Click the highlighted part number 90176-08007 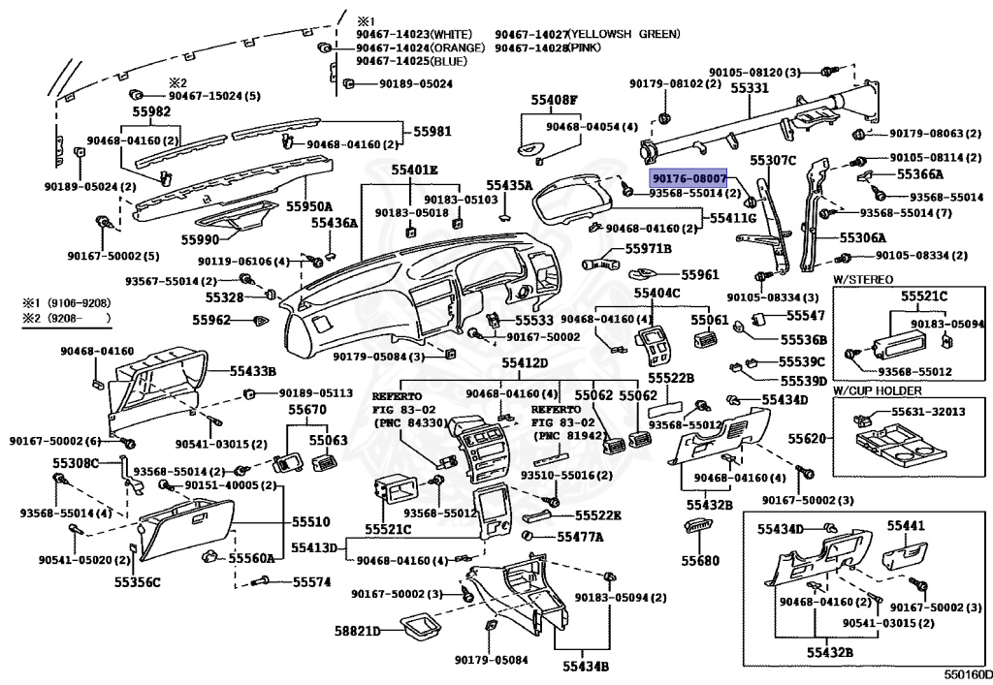tap(689, 178)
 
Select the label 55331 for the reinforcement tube tap(750, 88)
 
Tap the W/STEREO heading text tap(862, 280)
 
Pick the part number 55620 tap(807, 438)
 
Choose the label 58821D tap(357, 632)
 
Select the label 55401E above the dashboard tap(414, 170)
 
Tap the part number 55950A tap(309, 206)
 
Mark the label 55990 tap(200, 239)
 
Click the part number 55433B tap(253, 371)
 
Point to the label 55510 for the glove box tap(311, 522)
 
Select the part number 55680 tap(700, 560)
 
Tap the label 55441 tap(906, 525)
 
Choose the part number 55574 tap(311, 581)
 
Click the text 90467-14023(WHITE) tap(414, 34)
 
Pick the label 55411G tap(733, 218)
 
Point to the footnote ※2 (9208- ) tap(67, 318)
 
